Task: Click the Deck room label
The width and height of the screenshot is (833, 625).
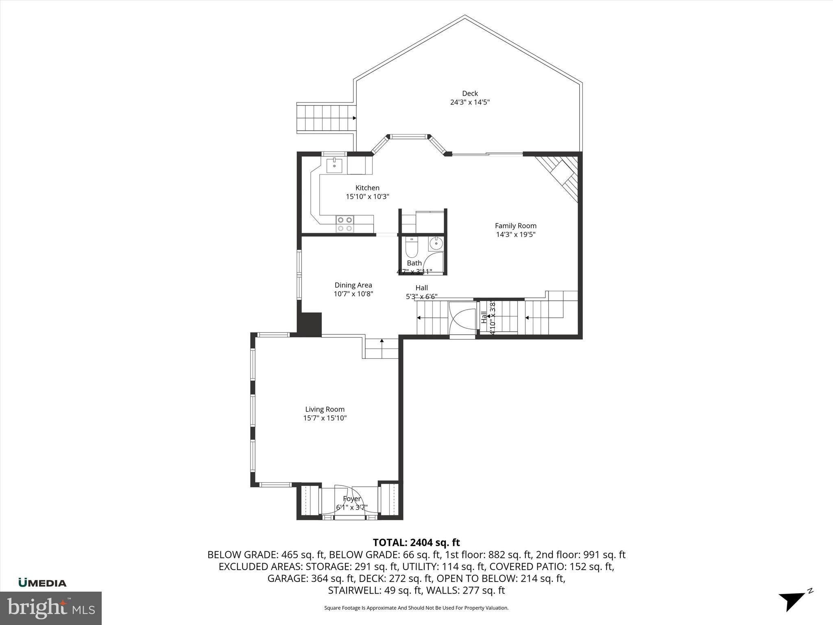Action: pos(470,94)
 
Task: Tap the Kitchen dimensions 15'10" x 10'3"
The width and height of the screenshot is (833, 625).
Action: pos(367,197)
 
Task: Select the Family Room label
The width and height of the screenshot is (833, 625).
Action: pos(515,225)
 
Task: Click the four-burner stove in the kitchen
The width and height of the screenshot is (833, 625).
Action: pos(345,224)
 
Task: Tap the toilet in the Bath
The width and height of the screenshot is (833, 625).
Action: pos(412,249)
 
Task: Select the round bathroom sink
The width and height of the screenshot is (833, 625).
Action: pos(436,244)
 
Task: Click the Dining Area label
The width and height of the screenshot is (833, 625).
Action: pos(353,285)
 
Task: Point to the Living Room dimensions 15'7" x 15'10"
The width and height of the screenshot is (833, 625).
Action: pos(325,418)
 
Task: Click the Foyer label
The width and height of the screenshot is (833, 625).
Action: pos(351,499)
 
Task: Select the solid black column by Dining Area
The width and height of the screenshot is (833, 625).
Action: pos(310,324)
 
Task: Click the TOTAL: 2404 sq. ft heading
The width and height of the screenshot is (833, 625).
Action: pos(416,542)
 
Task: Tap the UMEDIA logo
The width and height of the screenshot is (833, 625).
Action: pos(42,583)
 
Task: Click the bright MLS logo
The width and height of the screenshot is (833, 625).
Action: pos(51,608)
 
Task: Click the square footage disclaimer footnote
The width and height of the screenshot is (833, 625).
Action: pos(416,608)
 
